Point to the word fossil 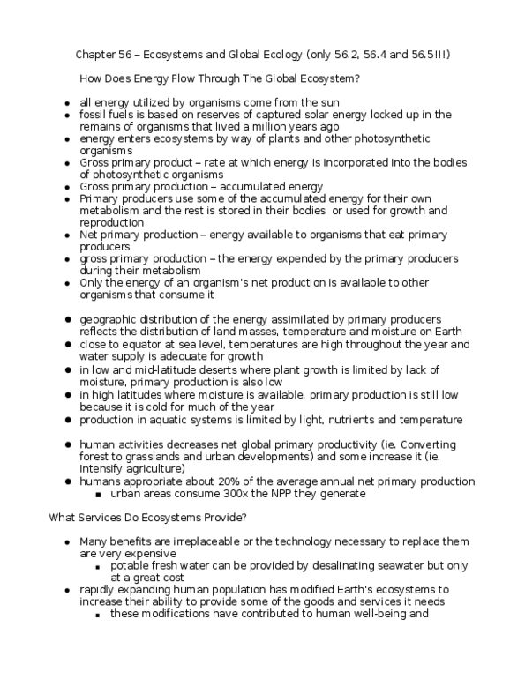[x=94, y=115]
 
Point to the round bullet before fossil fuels [x=67, y=116]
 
